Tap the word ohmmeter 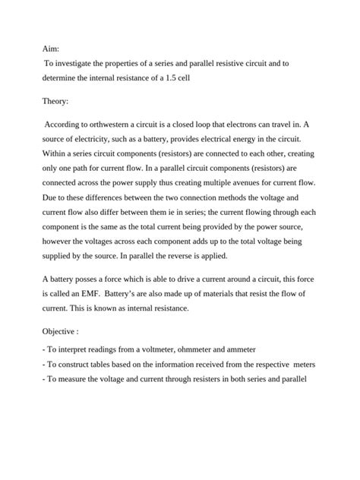[x=214, y=349]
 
